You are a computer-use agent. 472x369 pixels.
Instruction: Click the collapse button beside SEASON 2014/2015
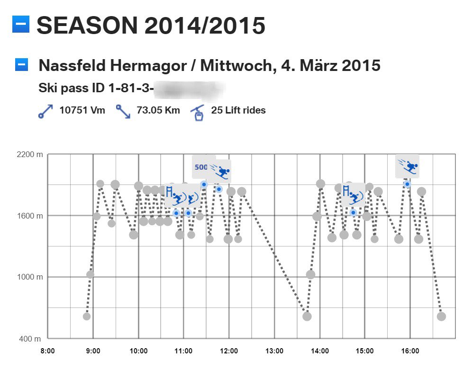[x=21, y=24]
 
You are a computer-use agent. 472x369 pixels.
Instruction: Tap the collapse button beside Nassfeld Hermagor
[x=22, y=65]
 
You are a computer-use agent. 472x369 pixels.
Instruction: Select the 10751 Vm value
[x=82, y=111]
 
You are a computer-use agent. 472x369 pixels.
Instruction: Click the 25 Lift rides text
[x=238, y=111]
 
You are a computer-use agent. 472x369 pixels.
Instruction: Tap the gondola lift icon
[x=198, y=112]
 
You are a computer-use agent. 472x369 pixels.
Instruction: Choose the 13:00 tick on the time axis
[x=274, y=351]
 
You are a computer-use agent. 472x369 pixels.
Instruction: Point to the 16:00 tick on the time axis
[x=410, y=351]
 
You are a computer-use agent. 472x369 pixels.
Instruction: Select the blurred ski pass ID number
[x=190, y=88]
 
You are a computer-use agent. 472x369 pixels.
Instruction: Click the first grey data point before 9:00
[x=86, y=316]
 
